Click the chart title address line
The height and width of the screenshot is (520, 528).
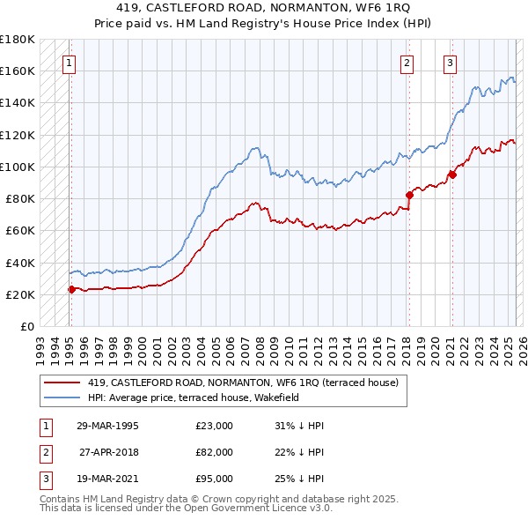pos(263,8)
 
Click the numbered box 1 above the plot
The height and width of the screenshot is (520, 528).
pos(69,62)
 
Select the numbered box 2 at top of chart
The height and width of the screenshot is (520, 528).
pos(407,62)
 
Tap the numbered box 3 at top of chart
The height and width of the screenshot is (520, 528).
pos(450,62)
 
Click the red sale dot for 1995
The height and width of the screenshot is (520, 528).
pos(71,288)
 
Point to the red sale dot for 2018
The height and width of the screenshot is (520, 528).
pos(409,195)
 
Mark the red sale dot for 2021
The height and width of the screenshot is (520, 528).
pos(451,174)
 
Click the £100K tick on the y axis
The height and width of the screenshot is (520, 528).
pos(18,167)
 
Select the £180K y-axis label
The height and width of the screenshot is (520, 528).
pos(18,40)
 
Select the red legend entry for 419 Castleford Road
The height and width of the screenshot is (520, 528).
pos(243,383)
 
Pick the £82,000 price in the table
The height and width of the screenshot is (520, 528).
pos(214,451)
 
